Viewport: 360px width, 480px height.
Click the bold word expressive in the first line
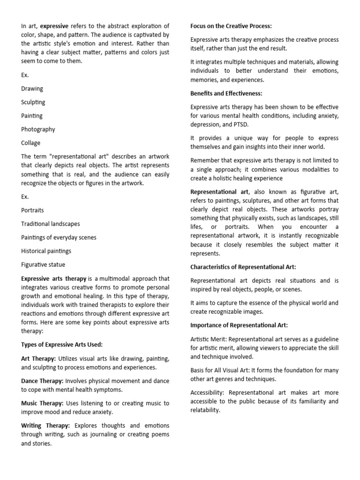click(x=54, y=26)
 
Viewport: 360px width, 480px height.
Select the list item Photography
click(x=38, y=129)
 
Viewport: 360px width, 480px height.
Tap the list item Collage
click(x=31, y=143)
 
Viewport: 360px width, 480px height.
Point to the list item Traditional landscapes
click(x=51, y=224)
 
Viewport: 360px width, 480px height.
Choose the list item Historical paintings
click(x=46, y=251)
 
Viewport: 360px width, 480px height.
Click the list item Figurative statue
click(x=43, y=265)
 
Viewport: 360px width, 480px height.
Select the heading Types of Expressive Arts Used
click(x=62, y=345)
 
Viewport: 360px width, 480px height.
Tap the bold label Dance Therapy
click(x=42, y=381)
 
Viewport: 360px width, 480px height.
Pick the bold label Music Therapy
click(x=42, y=403)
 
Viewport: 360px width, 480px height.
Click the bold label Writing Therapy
click(x=45, y=426)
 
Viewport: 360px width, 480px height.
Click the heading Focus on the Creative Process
click(x=232, y=26)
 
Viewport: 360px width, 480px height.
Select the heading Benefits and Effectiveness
click(x=226, y=93)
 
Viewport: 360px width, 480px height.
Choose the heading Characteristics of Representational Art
click(x=243, y=267)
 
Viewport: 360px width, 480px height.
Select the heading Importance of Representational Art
click(x=239, y=325)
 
